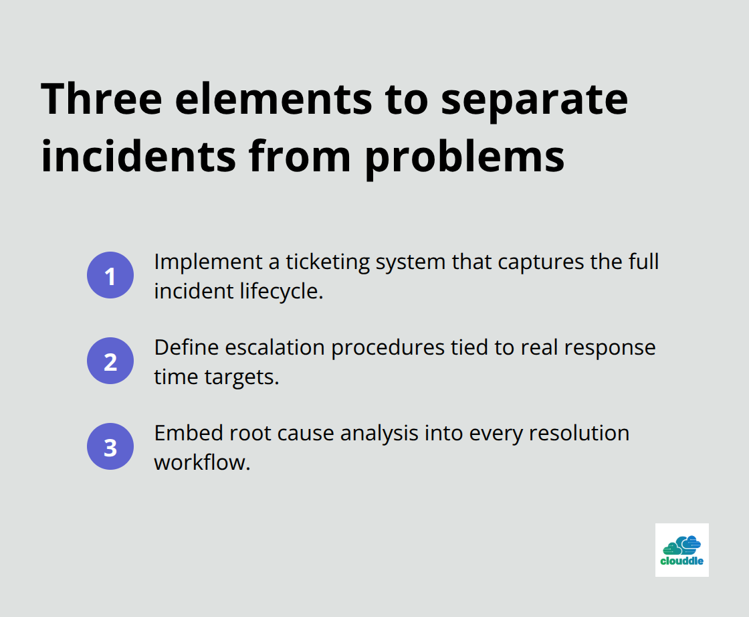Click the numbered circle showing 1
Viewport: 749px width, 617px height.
pos(110,275)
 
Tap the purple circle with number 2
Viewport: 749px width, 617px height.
pos(110,361)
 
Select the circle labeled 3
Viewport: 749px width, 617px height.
pos(110,446)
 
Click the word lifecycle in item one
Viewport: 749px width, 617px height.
pos(281,292)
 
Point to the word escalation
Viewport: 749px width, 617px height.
pos(265,348)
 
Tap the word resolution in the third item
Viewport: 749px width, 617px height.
pos(579,434)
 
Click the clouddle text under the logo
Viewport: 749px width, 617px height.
pos(681,561)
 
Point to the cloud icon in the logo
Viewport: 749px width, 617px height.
pos(681,544)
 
